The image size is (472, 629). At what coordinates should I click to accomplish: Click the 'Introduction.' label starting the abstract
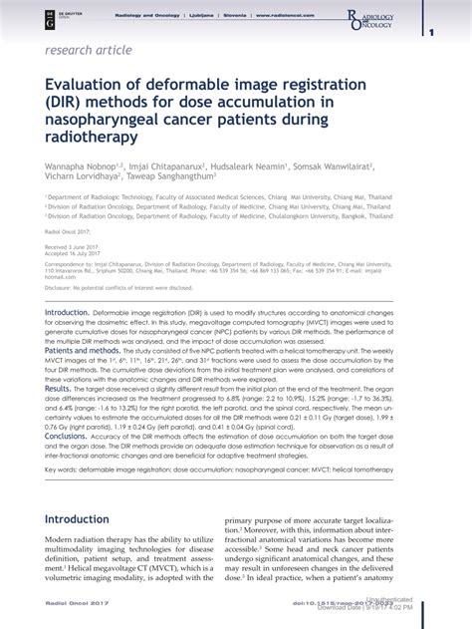[68, 312]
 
